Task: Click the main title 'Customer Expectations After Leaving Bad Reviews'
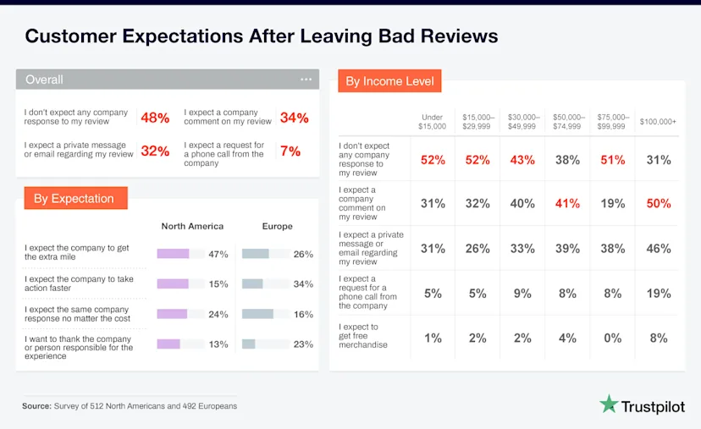[261, 36]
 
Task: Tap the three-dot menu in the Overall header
[306, 80]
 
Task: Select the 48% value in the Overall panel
[155, 118]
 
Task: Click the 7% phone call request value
[290, 151]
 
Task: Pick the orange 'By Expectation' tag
[75, 199]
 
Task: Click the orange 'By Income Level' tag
[390, 81]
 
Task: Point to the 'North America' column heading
[192, 226]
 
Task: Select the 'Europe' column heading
[277, 226]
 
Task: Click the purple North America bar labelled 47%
[173, 254]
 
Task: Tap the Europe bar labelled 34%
[252, 283]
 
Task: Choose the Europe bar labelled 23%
[249, 344]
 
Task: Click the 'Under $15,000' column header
[433, 121]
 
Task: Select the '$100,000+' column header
[658, 122]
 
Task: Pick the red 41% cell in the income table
[567, 204]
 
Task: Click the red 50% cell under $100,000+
[658, 204]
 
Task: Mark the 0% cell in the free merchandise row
[613, 338]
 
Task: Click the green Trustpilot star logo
[609, 404]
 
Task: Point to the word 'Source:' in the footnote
[37, 406]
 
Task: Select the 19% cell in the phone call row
[658, 293]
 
